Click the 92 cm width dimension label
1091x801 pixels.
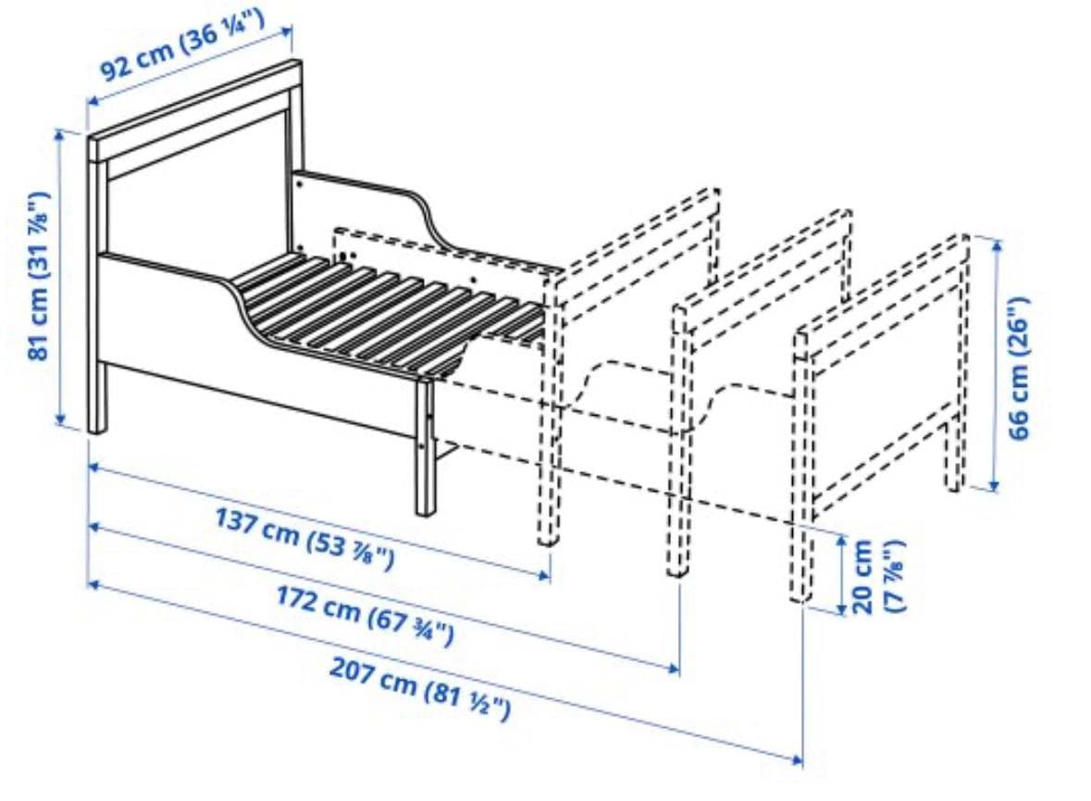point(182,44)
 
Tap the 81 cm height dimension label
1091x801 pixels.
point(39,276)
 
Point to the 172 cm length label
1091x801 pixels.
point(366,617)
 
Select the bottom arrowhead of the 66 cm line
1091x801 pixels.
point(994,485)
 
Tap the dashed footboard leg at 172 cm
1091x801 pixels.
point(677,440)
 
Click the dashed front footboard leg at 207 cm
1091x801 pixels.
point(800,467)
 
